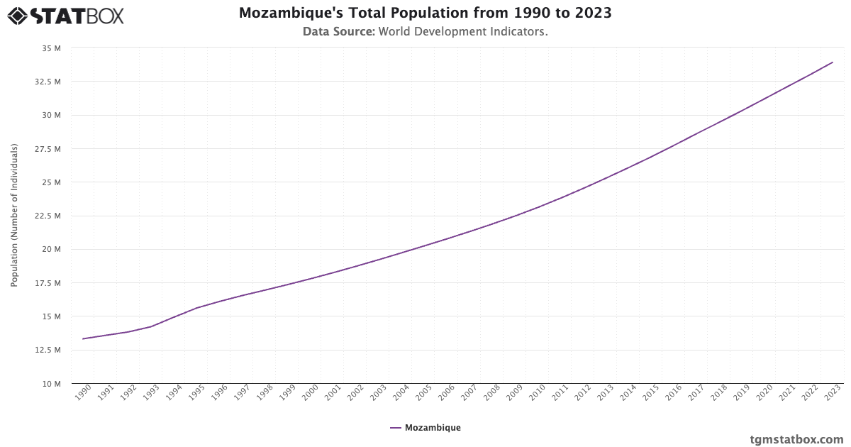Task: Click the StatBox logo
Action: click(65, 15)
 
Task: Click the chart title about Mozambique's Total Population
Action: click(425, 13)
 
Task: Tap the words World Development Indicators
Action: click(463, 32)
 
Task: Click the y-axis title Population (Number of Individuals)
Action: click(14, 216)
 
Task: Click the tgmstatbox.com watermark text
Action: click(796, 439)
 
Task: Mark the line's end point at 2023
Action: click(833, 62)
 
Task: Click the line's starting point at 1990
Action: click(83, 338)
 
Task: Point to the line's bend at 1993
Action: click(151, 326)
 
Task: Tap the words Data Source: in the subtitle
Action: click(338, 32)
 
